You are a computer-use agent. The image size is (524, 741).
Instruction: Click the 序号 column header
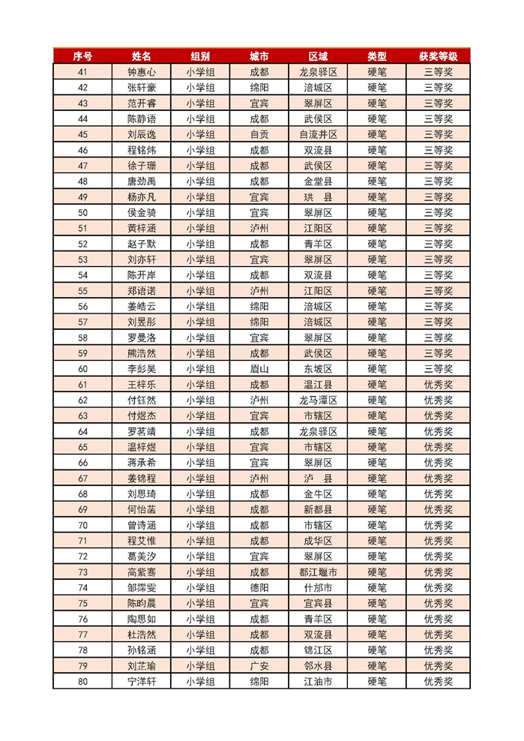click(82, 56)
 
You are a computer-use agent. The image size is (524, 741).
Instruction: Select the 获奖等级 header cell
click(439, 56)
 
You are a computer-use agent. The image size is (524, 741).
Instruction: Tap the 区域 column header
click(318, 56)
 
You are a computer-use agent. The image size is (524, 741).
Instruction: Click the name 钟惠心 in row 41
click(142, 72)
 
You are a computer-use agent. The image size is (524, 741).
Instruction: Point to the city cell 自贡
click(259, 134)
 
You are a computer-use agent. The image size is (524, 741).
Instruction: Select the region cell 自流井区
click(318, 134)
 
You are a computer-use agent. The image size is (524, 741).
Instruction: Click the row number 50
click(82, 212)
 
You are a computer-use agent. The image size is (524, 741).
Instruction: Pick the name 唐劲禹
click(142, 181)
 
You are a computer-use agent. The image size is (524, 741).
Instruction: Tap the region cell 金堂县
click(318, 181)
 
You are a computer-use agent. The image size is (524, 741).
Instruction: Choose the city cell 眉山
click(259, 369)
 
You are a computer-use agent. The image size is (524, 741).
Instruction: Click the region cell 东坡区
click(318, 369)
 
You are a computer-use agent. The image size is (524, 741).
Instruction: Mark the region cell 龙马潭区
click(318, 400)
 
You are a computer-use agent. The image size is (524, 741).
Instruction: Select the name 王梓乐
click(142, 385)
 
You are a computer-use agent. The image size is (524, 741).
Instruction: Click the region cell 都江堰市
click(318, 572)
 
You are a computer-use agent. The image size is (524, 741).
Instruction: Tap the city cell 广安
click(259, 666)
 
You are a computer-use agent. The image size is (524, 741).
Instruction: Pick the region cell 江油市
click(318, 682)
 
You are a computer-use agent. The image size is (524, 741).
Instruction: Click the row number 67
click(82, 478)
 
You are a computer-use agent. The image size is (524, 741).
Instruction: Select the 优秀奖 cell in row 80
click(439, 682)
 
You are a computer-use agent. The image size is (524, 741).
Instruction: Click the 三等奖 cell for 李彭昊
click(439, 369)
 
